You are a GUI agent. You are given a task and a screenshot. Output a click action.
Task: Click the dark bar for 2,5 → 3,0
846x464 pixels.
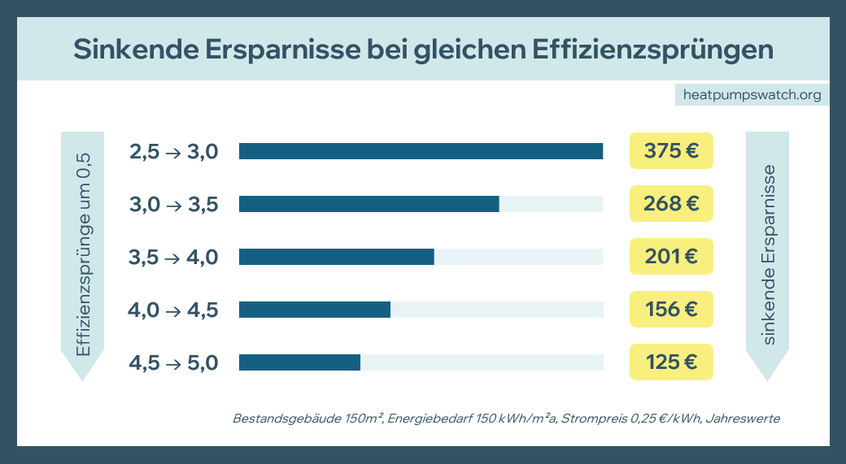coord(421,151)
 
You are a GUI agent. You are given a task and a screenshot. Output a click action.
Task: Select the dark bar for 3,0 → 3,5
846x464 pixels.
coord(368,204)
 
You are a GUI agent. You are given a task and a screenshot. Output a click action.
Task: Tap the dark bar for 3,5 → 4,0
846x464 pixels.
coord(336,257)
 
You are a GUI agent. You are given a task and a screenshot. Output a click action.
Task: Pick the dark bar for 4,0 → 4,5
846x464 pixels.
coord(315,310)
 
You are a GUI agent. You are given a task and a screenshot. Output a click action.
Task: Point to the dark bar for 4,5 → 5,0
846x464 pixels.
coord(299,362)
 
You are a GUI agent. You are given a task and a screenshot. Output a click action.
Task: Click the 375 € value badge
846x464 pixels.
coord(671,151)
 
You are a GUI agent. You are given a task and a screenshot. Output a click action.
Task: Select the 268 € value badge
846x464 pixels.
coord(671,204)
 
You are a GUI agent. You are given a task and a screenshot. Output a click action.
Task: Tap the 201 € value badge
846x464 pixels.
coord(671,257)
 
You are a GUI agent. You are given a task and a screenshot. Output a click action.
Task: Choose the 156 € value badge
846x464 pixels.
coord(671,310)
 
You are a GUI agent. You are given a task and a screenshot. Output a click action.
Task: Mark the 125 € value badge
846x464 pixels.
coord(671,362)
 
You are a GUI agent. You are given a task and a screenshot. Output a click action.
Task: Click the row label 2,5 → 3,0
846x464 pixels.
coord(173,152)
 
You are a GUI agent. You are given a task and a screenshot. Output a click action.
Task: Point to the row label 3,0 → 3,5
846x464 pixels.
coord(173,205)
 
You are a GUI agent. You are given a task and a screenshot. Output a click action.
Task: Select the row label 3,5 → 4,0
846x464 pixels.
coord(173,258)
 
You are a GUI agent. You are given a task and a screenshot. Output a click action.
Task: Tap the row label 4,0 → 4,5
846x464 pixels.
coord(173,310)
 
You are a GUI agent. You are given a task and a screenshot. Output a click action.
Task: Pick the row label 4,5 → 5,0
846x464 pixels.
coord(173,363)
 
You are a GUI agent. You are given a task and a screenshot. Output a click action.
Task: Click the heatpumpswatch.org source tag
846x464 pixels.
coord(752,95)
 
